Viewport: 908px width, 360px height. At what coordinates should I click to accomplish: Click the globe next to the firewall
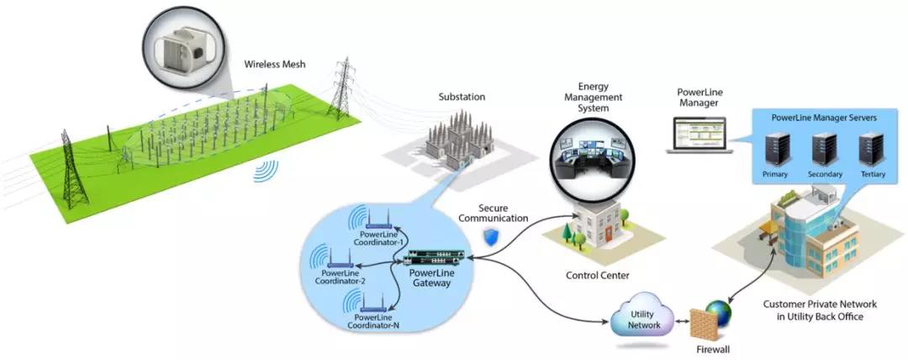click(x=719, y=314)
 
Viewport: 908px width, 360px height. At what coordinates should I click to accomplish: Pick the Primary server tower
click(x=775, y=151)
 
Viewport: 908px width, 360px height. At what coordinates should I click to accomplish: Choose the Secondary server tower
click(x=824, y=151)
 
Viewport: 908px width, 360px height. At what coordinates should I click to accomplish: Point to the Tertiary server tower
click(x=870, y=151)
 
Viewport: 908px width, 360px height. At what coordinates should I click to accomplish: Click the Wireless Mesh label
click(x=274, y=64)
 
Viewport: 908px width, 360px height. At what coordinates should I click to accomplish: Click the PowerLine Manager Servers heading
click(x=824, y=118)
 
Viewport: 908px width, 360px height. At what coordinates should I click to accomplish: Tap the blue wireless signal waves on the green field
click(x=267, y=172)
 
